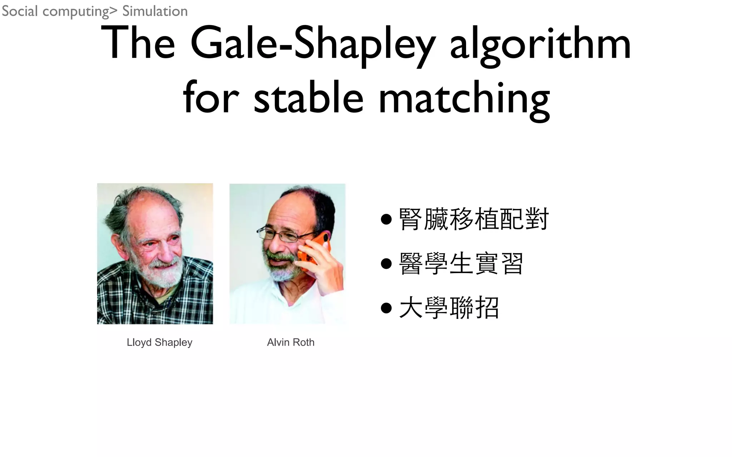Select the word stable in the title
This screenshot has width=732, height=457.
(308, 97)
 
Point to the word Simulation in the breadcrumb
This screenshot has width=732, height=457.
(155, 11)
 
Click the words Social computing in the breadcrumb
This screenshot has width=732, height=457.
(55, 11)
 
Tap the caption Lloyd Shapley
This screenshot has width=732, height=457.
(159, 342)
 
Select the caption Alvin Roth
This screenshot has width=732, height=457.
(291, 342)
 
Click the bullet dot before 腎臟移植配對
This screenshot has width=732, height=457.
(386, 219)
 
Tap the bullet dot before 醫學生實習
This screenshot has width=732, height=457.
(386, 263)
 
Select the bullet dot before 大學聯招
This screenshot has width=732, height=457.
(386, 307)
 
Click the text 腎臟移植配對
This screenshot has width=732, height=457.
(474, 219)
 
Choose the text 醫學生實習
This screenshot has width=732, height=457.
(461, 263)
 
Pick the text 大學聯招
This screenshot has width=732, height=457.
(449, 307)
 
